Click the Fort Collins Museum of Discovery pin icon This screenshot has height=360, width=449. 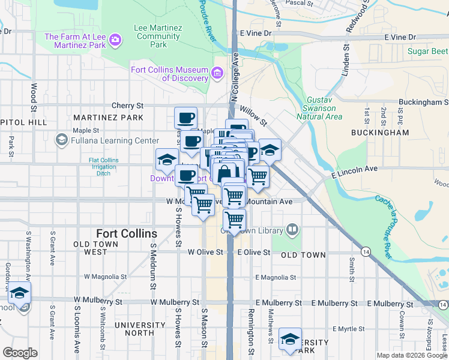[x=217, y=74]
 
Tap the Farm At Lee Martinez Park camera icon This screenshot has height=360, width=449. [x=114, y=41]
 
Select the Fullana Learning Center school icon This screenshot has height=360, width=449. [x=61, y=140]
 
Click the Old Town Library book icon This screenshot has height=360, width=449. [x=292, y=229]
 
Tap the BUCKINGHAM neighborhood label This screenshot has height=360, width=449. [x=380, y=132]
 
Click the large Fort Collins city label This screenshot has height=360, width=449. [x=127, y=233]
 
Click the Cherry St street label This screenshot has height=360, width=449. [x=127, y=105]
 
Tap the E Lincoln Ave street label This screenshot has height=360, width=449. [x=354, y=172]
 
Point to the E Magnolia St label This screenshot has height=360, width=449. [x=276, y=278]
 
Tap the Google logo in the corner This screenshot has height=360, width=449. [x=20, y=353]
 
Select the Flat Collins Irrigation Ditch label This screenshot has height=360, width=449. [x=104, y=167]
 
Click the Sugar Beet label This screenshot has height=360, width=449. [x=428, y=51]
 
